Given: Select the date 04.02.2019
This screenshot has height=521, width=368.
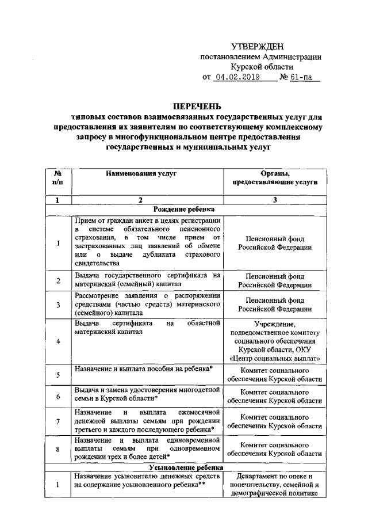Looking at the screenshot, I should coord(236,77).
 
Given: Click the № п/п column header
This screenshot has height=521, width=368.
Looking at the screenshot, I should coord(58,177).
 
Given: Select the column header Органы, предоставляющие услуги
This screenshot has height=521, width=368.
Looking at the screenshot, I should coord(275,177).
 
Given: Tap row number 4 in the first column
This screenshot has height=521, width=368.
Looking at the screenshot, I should coord(58,341).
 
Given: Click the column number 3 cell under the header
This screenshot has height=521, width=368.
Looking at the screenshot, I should coord(275,200).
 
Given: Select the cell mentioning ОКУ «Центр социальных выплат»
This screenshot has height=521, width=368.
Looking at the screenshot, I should coord(275,341).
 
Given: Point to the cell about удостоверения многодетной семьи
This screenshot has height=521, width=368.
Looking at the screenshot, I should coord(148,394).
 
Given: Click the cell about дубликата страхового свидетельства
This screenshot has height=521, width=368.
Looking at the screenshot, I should coord(148,242).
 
